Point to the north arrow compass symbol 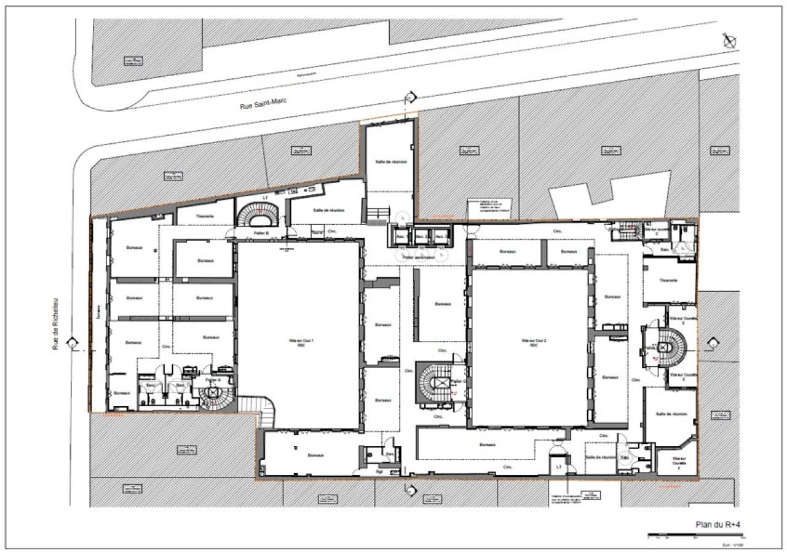[x=730, y=41]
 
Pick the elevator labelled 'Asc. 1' [x=403, y=236]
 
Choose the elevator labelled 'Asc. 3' [x=439, y=236]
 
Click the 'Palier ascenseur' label [x=419, y=257]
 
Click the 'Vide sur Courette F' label [x=678, y=463]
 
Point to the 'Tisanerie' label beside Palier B [x=205, y=216]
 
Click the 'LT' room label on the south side [x=559, y=467]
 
